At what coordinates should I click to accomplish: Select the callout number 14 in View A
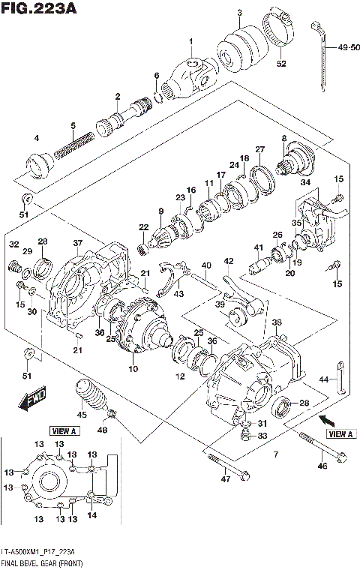(91, 516)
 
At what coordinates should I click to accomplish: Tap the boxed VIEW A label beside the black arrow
(339, 434)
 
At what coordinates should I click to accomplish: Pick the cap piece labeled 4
(37, 164)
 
